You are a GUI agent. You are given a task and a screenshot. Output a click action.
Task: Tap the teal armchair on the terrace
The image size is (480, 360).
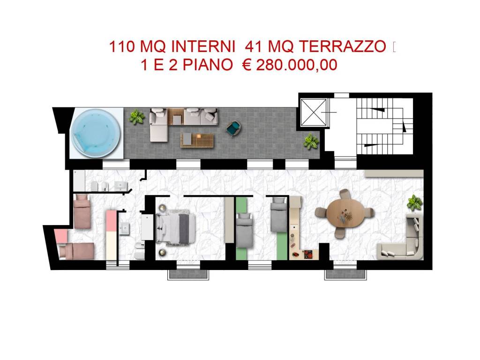tap(233, 128)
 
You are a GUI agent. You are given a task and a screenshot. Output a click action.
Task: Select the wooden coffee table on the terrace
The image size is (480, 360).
tap(197, 138)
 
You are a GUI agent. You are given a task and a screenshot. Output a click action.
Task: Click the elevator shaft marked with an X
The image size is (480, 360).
tap(313, 112)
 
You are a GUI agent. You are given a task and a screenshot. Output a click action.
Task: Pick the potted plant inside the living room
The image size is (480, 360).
tap(414, 202)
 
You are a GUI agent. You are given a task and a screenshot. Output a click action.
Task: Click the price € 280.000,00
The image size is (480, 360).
tap(290, 65)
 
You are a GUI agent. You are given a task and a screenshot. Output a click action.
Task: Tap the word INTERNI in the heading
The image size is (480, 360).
tap(203, 47)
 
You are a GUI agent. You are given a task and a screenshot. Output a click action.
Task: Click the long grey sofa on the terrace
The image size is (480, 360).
tap(184, 117)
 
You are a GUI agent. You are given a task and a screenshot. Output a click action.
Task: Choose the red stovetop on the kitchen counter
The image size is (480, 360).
tap(309, 254)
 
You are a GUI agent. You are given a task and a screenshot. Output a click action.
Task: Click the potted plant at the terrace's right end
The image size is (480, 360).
tap(310, 141)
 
